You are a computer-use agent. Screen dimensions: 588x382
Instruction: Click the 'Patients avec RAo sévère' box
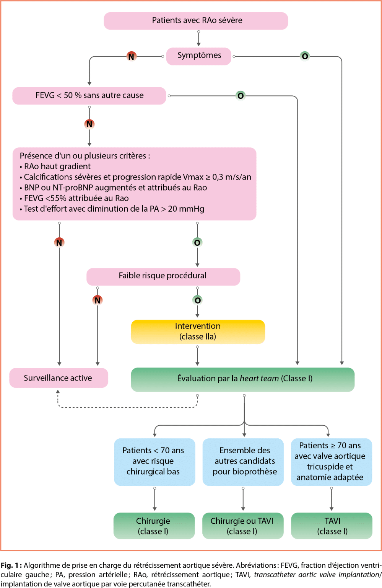[x=196, y=21]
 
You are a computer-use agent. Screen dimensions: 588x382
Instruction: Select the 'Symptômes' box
[x=199, y=56]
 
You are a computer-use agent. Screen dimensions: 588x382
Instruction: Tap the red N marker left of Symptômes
[x=131, y=57]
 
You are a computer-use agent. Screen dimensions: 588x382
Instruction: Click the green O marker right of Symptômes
[x=305, y=56]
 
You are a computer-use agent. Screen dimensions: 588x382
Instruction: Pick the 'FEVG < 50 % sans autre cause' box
[x=89, y=96]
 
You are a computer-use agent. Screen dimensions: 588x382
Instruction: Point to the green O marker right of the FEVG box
[x=241, y=96]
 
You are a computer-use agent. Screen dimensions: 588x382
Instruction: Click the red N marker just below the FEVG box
[x=89, y=124]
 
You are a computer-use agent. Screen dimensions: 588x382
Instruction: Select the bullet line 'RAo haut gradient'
[x=57, y=167]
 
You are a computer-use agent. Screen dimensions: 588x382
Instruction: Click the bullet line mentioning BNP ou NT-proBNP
[x=115, y=188]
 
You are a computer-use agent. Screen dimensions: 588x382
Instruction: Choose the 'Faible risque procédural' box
[x=163, y=276]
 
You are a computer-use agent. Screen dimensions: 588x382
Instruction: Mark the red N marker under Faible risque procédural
[x=98, y=300]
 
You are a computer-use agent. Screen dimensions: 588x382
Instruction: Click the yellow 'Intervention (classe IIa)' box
[x=198, y=332]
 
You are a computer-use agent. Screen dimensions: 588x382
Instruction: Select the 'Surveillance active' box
[x=59, y=378]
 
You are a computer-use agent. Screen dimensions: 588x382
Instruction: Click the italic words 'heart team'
[x=259, y=379]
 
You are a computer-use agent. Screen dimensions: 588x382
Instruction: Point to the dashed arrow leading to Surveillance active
[x=126, y=407]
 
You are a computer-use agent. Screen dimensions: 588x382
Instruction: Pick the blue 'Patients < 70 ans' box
[x=154, y=462]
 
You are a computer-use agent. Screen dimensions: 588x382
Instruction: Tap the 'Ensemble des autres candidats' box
[x=243, y=462]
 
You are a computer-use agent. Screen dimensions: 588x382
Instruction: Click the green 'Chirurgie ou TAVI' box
[x=242, y=526]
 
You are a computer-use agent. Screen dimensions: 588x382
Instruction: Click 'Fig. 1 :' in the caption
[x=11, y=565]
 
